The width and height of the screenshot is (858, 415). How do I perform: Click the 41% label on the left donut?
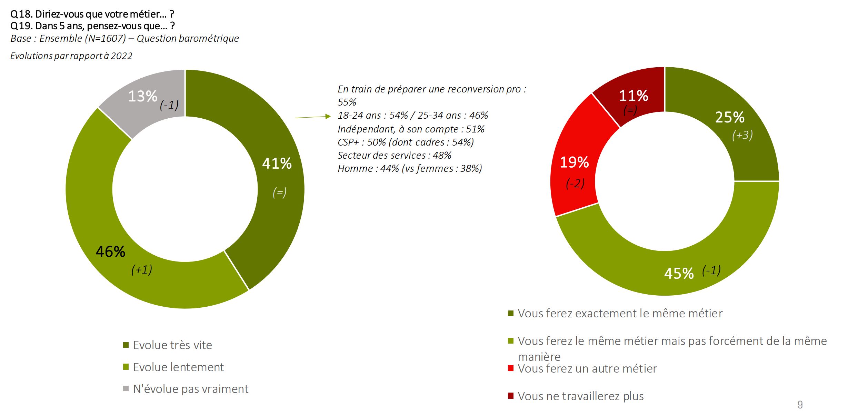(277, 164)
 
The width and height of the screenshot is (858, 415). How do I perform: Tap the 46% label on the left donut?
(110, 252)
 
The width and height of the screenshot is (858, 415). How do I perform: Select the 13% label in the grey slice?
(142, 96)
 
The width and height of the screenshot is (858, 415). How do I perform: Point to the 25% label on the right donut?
(729, 117)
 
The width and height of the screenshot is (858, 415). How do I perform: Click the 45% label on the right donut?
(679, 274)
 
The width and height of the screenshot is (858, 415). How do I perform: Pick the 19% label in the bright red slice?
(574, 162)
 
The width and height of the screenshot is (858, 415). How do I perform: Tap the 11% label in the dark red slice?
(633, 96)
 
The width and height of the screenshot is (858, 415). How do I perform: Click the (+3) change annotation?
(742, 135)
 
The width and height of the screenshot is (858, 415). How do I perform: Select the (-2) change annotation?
(575, 183)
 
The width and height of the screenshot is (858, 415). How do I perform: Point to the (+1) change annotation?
(141, 269)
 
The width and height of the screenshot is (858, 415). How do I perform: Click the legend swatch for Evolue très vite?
(126, 345)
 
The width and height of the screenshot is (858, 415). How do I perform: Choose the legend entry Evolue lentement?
(178, 367)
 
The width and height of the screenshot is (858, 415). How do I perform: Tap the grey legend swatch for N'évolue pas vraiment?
(126, 388)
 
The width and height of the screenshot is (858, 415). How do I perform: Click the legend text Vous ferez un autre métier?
(587, 368)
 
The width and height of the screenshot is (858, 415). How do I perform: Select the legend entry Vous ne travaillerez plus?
(581, 396)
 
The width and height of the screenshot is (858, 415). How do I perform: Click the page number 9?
(800, 404)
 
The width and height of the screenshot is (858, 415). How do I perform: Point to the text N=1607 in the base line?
(106, 38)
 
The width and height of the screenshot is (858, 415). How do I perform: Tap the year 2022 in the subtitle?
(121, 56)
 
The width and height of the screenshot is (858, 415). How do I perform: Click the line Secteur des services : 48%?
(394, 155)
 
